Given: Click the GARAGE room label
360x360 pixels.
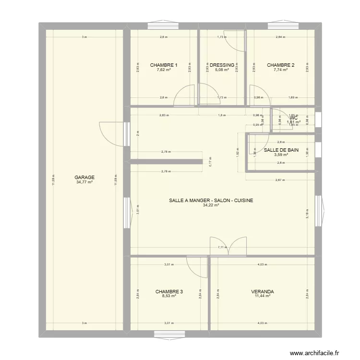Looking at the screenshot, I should [x=84, y=177].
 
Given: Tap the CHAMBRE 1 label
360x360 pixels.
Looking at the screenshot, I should [x=164, y=65].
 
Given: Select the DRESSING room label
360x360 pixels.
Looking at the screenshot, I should [x=222, y=65].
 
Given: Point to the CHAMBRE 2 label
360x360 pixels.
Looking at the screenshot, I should [x=281, y=65].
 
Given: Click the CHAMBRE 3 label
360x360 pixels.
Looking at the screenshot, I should [x=169, y=291].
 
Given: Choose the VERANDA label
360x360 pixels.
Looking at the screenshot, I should [x=263, y=291].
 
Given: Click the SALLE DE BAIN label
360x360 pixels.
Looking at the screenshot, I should [x=281, y=150].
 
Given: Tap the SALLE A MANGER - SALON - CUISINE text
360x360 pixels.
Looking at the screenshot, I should [x=211, y=201].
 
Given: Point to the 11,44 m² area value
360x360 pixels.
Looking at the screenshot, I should [x=263, y=296].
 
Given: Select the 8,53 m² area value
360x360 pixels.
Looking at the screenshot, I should [x=169, y=296].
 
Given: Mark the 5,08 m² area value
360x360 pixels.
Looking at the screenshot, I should [x=222, y=70].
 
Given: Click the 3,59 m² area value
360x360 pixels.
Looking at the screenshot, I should [x=281, y=155].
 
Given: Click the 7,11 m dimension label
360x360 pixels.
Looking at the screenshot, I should [x=222, y=248].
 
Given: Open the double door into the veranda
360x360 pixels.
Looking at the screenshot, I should [x=228, y=246].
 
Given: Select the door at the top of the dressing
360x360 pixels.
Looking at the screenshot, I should [x=236, y=41].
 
